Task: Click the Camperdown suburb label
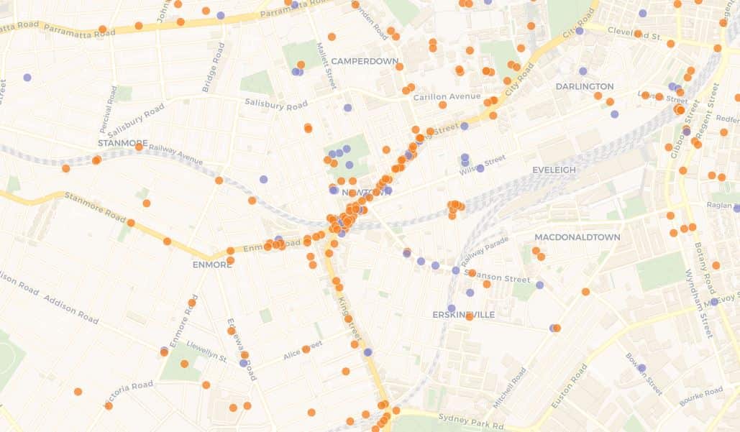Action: point(364,61)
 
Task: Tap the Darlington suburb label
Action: point(585,86)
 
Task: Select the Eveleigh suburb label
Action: point(554,170)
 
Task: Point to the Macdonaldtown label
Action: point(567,237)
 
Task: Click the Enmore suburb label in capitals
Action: point(212,265)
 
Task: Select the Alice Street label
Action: point(301,351)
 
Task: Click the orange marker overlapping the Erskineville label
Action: point(469,316)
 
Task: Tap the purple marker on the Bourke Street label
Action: point(641,368)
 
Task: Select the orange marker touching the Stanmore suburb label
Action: point(139,147)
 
